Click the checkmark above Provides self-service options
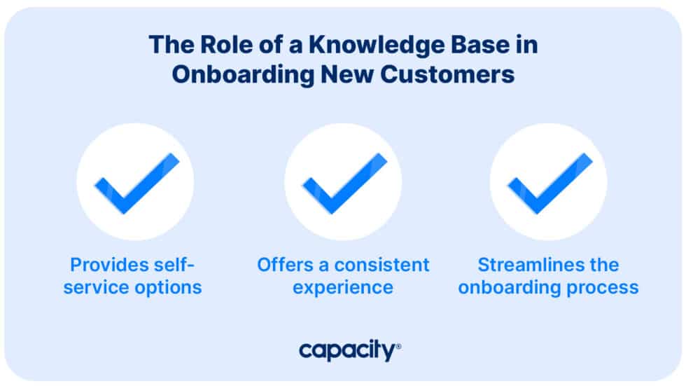(x=136, y=182)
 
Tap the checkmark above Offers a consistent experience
(x=343, y=182)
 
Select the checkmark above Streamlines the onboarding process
(x=549, y=182)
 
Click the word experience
(x=342, y=287)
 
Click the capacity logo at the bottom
(x=347, y=350)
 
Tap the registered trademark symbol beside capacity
(x=398, y=345)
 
